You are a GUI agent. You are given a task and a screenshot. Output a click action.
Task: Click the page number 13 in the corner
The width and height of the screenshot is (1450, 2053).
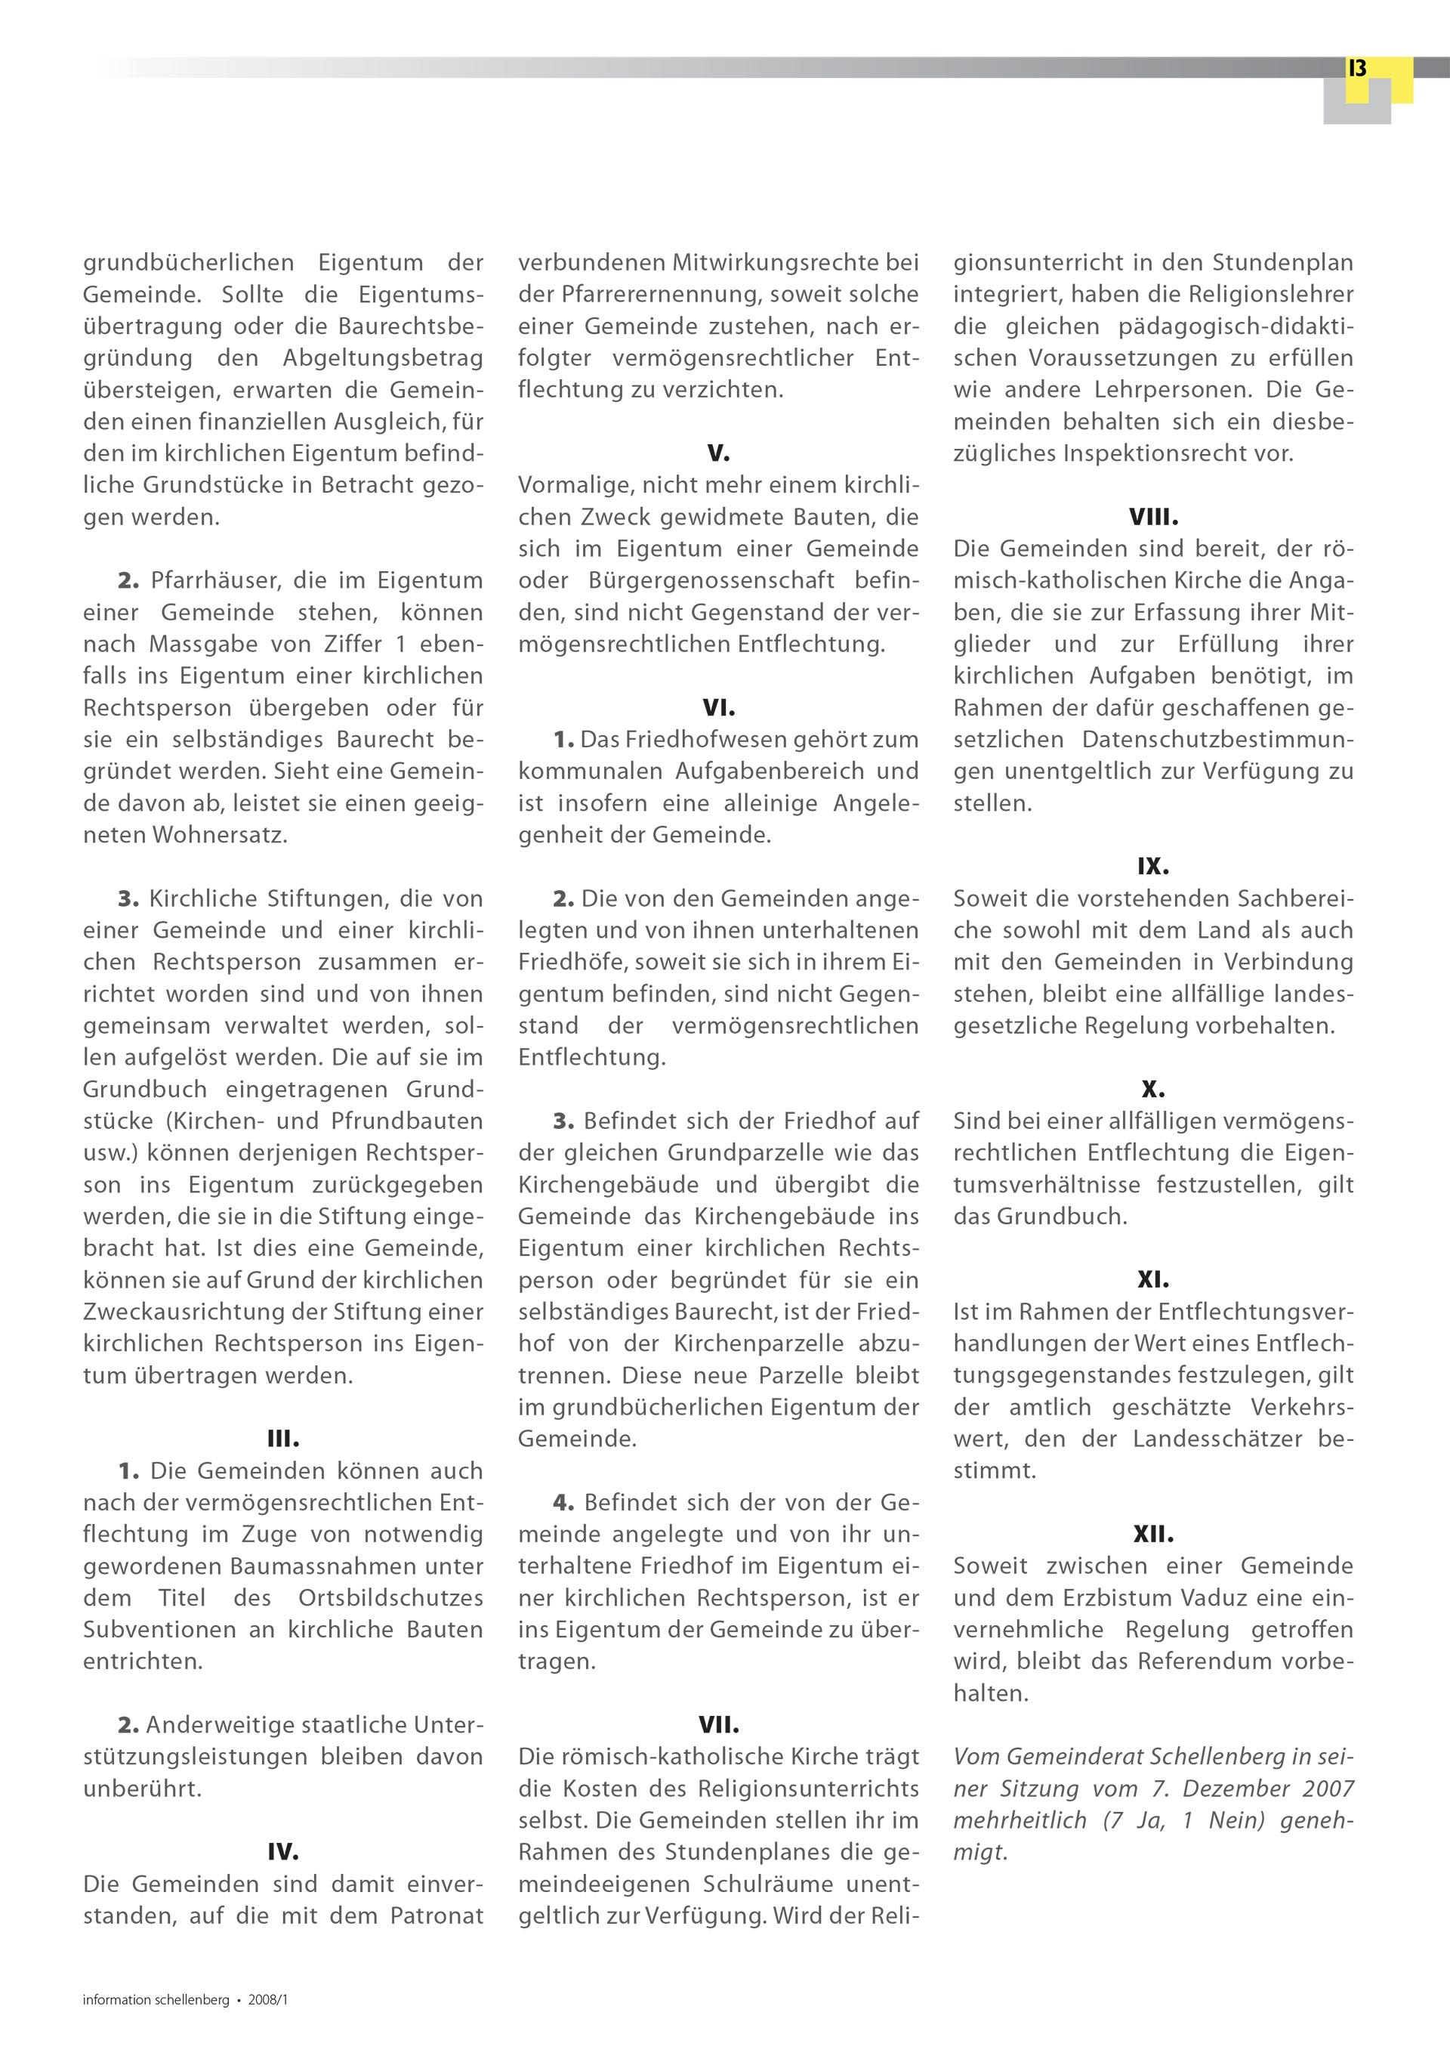1357,69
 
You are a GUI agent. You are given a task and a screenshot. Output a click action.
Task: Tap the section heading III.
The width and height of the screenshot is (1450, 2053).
283,1439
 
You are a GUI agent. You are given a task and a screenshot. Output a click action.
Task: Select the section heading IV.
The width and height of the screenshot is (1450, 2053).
283,1852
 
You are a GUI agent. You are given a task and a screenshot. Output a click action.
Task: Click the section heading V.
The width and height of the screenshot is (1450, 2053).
719,453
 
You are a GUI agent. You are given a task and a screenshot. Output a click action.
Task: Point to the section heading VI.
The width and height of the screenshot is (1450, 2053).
719,708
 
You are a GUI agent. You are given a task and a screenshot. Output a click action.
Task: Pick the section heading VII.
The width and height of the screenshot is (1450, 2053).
719,1725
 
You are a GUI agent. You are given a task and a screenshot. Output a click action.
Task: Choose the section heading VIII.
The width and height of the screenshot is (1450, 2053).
1153,518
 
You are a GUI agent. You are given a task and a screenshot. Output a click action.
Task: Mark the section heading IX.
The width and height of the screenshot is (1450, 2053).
1153,867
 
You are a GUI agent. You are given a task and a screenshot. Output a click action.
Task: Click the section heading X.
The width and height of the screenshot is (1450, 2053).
1153,1089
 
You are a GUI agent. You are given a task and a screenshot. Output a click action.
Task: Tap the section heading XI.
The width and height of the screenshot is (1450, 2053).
1153,1279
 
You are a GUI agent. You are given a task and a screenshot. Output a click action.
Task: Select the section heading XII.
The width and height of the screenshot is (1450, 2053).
1153,1535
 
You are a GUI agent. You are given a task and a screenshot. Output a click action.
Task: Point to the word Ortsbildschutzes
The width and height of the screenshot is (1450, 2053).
390,1598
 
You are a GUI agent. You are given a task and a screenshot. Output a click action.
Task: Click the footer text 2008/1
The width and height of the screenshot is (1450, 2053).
268,2000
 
